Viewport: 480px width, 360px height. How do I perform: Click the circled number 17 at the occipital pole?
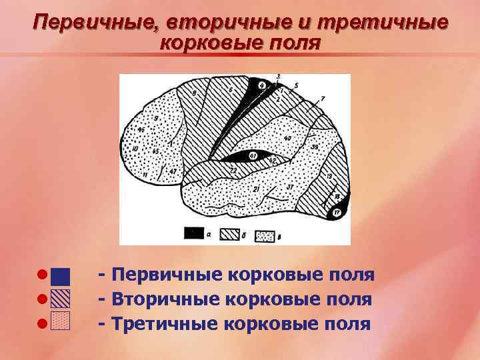click(337, 213)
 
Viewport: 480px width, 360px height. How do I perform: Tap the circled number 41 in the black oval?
click(254, 156)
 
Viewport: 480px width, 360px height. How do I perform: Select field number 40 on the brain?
click(288, 139)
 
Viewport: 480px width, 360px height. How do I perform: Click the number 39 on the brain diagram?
click(315, 146)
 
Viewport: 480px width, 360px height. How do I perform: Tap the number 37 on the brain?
click(290, 187)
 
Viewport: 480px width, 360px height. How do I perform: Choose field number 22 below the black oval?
click(233, 171)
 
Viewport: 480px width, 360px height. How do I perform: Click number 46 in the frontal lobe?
click(141, 129)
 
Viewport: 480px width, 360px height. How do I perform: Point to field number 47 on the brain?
click(173, 171)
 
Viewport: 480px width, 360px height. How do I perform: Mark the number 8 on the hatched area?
click(195, 100)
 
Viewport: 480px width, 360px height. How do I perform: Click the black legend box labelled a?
click(195, 233)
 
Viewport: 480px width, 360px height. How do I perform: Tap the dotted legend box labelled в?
click(265, 235)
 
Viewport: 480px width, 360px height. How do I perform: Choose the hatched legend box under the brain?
click(230, 234)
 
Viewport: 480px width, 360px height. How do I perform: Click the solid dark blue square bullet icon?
click(61, 276)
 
